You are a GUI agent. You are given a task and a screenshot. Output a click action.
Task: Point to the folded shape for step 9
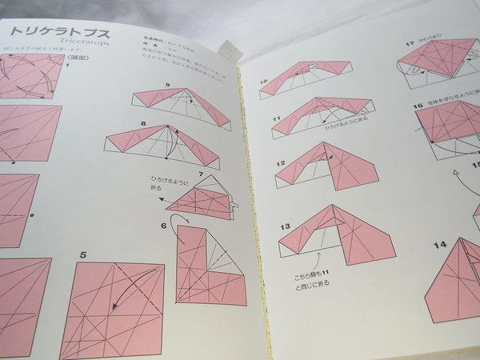pos(182,105)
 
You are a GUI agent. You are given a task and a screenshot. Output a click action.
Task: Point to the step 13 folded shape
pos(336,232)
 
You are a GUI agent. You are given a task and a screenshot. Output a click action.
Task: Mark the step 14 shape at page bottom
pos(452,280)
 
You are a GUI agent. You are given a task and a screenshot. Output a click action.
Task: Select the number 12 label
pos(281,163)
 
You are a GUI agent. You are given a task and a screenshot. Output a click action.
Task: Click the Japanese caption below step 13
pos(312,278)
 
